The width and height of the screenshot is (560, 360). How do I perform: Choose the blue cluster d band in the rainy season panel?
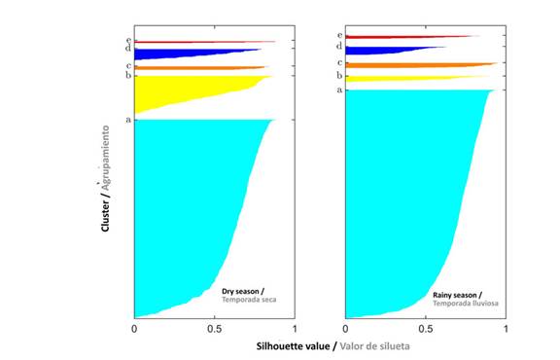point(382,51)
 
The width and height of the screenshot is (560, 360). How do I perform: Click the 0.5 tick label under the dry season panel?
point(214,329)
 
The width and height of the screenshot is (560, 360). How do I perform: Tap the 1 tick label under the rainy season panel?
point(506,329)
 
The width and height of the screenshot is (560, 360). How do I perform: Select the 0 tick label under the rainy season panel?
point(345,329)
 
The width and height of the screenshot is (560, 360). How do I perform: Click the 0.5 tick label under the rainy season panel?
point(426,329)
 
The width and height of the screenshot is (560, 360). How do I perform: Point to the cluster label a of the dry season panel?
point(128,120)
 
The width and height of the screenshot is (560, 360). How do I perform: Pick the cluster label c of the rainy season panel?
point(339,63)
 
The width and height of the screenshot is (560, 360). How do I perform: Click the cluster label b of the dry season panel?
point(128,75)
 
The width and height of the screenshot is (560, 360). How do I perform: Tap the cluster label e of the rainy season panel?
point(339,35)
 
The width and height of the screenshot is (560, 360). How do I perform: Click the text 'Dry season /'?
point(243,291)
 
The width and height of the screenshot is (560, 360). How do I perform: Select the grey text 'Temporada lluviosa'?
point(466,304)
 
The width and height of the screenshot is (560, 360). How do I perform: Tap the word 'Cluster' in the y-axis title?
point(105,216)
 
